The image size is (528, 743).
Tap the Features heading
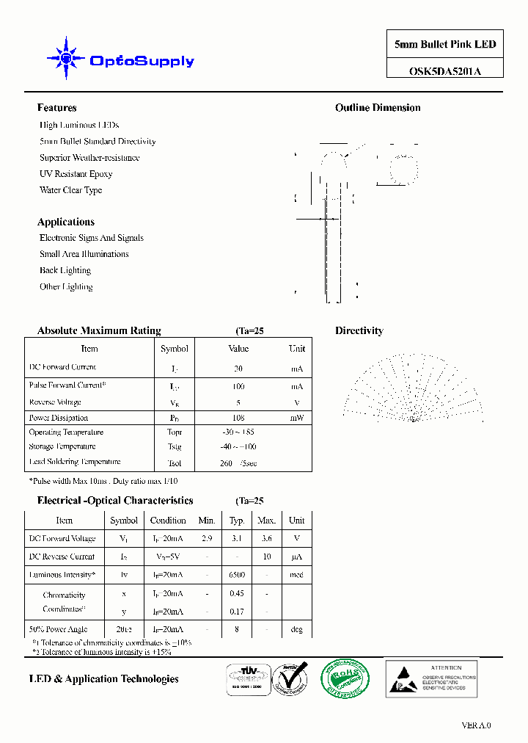click(x=56, y=108)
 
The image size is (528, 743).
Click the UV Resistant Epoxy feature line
click(x=76, y=174)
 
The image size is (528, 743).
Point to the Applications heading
click(x=65, y=222)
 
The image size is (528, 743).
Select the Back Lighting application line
click(x=65, y=270)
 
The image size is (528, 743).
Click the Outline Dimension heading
click(x=378, y=108)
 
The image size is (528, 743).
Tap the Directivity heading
click(x=359, y=331)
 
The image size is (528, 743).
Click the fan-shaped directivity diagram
click(x=414, y=389)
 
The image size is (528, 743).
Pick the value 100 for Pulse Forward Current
click(x=238, y=386)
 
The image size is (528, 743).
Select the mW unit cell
click(x=296, y=418)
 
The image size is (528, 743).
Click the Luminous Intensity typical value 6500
click(x=236, y=575)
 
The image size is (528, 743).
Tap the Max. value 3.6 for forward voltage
click(x=266, y=538)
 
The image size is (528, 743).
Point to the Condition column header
click(x=168, y=521)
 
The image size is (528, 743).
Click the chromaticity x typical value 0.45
click(x=236, y=593)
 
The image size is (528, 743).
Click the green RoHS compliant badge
click(x=344, y=676)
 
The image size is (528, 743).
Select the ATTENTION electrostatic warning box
click(x=431, y=677)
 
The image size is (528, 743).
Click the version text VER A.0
click(x=476, y=725)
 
